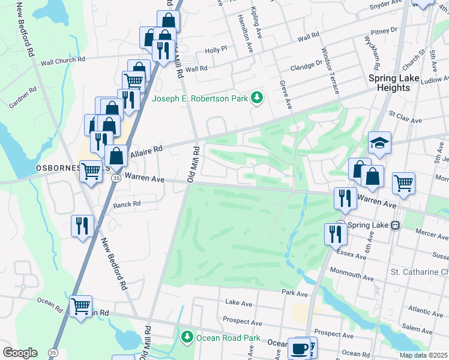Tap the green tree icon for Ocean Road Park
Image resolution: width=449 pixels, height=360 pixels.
tap(187, 338)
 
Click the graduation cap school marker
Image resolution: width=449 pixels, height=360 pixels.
tap(379, 143)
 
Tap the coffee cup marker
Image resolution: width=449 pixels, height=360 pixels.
tap(298, 348)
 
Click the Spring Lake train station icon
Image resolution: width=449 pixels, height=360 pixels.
tap(395, 225)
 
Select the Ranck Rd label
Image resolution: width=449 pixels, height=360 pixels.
tap(126, 205)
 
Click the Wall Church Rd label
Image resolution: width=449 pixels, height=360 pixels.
tap(63, 61)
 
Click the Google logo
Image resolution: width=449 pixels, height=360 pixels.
tap(19, 353)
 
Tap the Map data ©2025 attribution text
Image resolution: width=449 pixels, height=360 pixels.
tap(423, 355)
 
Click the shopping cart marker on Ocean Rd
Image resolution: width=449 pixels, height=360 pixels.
tap(80, 306)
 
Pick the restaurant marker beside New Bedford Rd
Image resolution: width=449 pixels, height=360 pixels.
tap(82, 226)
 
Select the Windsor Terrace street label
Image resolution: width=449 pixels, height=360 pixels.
tap(330, 71)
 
